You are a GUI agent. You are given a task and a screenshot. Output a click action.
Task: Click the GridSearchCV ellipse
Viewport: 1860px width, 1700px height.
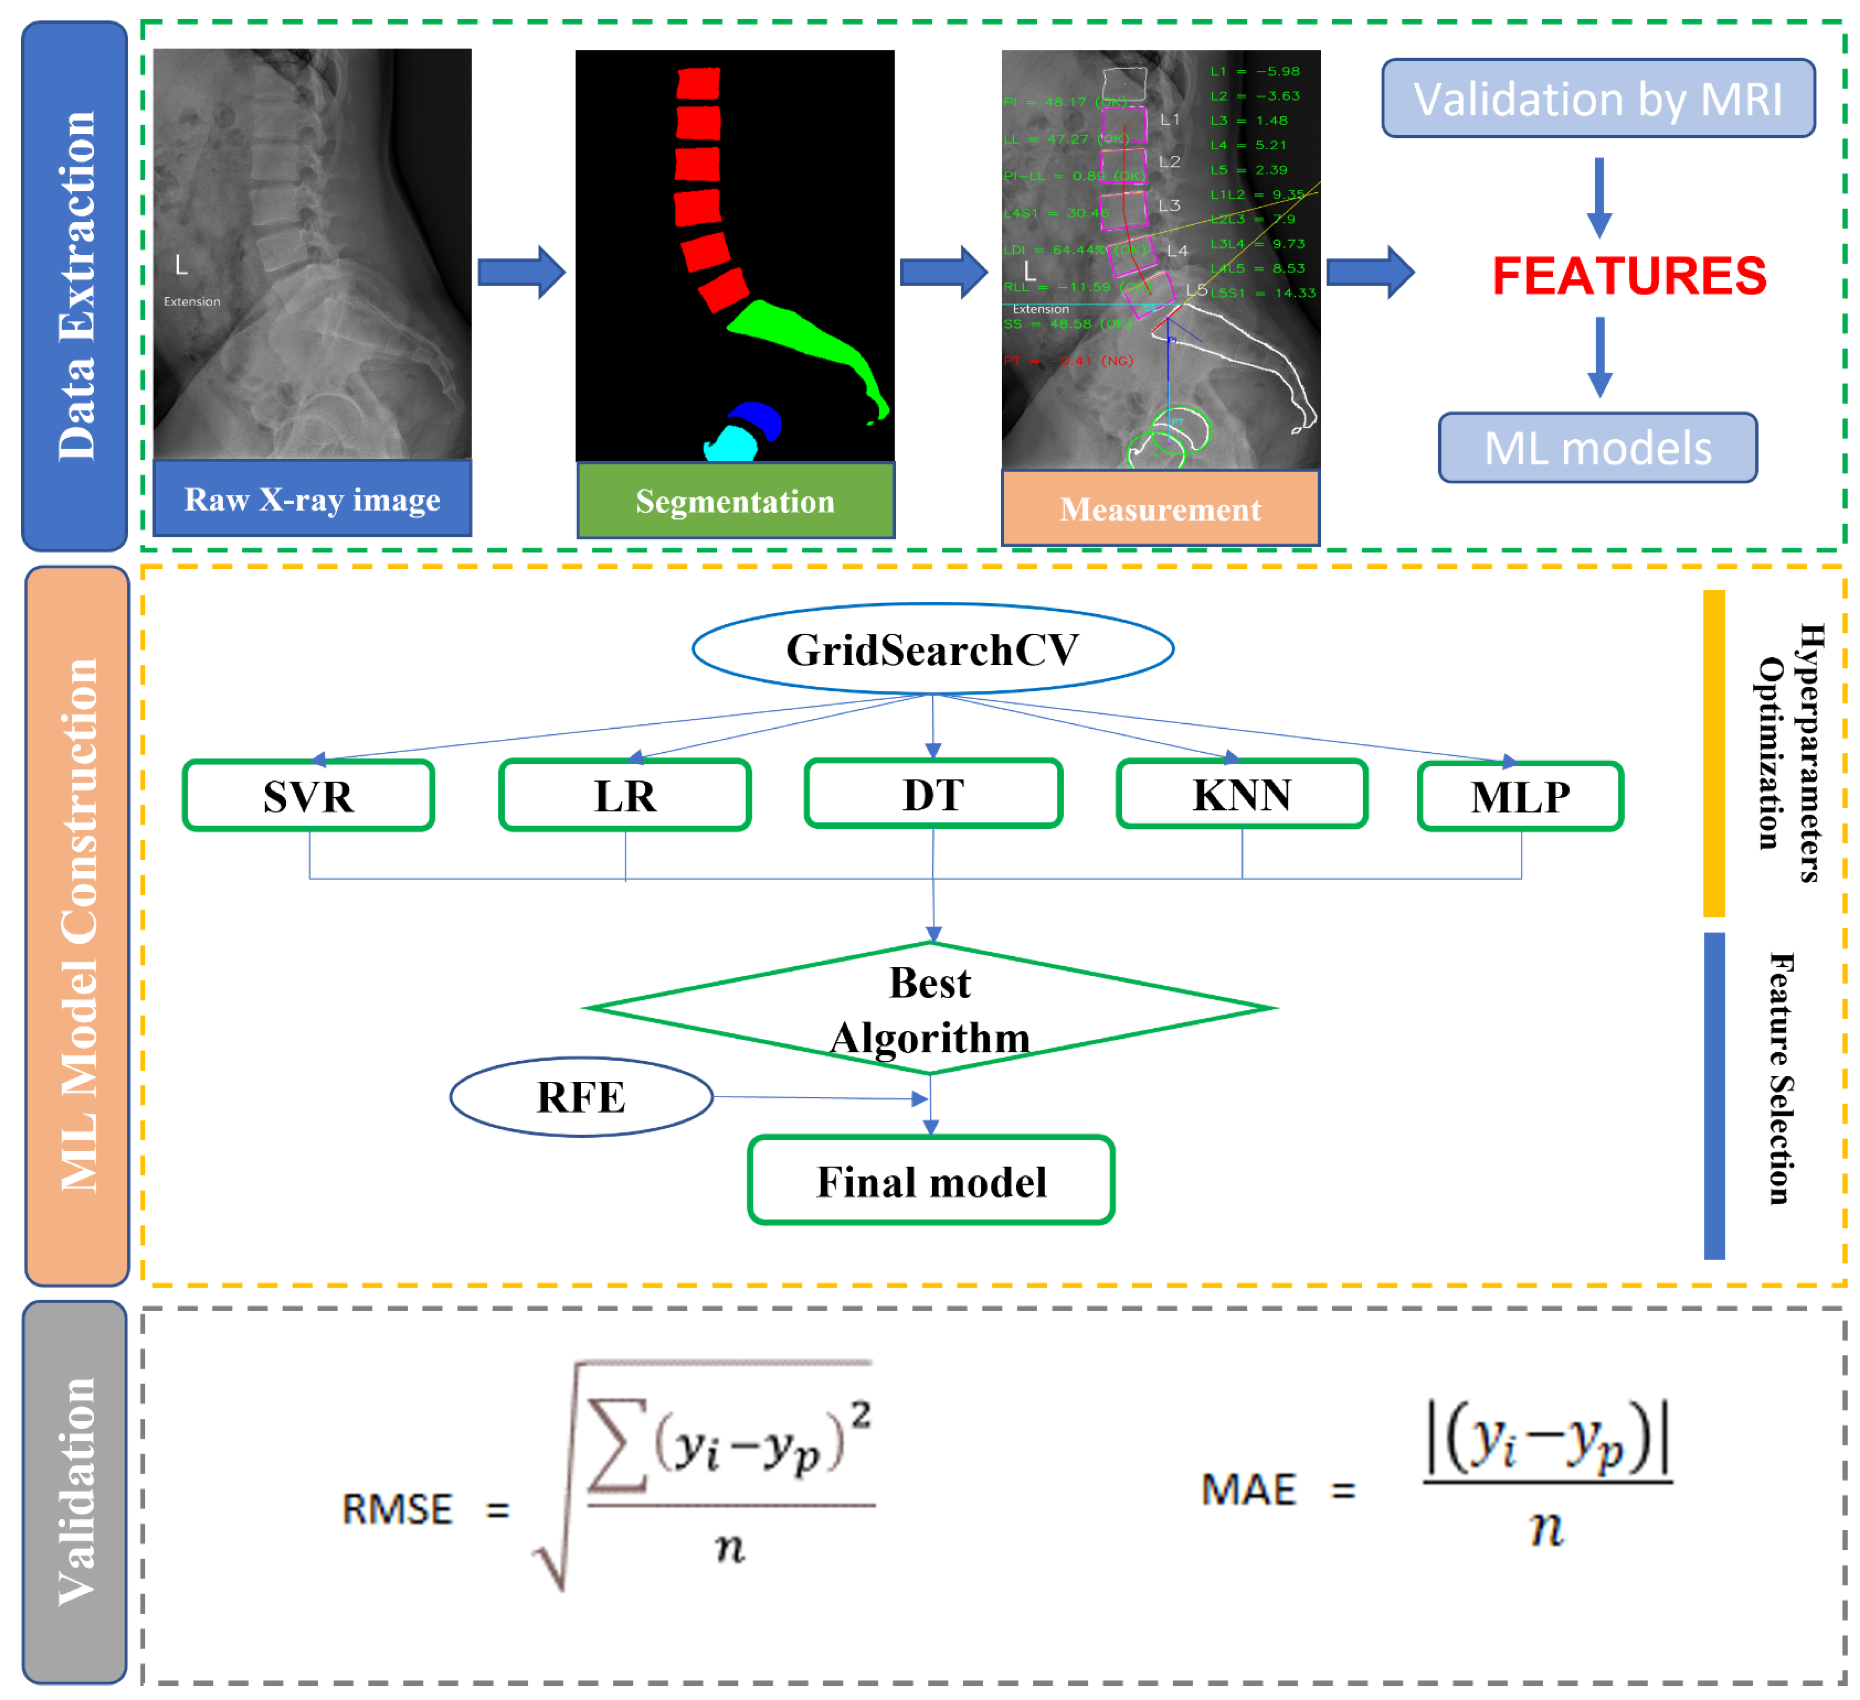coord(933,649)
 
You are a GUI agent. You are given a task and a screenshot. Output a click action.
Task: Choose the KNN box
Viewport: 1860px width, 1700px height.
coord(1242,794)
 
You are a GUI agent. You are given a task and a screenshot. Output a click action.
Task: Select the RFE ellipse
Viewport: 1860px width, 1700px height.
coord(581,1096)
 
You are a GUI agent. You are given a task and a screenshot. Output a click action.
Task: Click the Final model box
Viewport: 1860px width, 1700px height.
coord(931,1180)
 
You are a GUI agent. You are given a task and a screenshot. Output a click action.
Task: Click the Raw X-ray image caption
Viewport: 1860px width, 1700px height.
coord(312,499)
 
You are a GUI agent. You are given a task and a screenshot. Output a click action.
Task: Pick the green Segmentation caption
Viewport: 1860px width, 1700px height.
coord(736,501)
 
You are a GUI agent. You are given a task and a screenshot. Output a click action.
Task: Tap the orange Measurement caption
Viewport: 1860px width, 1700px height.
coord(1160,509)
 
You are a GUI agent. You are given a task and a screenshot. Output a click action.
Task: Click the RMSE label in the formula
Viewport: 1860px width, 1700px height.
coord(397,1509)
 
